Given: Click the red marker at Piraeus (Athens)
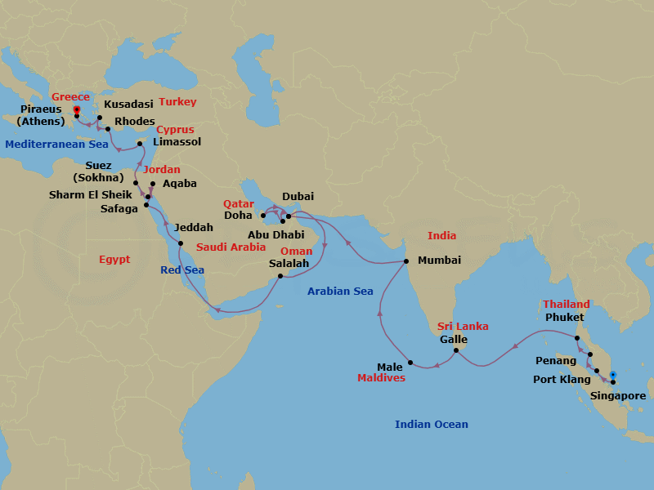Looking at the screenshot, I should click(x=76, y=109).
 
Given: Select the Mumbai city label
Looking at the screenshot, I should click(x=439, y=261).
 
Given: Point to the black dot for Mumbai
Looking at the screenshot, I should click(x=406, y=261).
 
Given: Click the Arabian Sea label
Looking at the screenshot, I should click(x=340, y=292).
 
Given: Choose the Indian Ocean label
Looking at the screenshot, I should click(x=431, y=424).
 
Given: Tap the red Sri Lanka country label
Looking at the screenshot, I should click(x=463, y=326).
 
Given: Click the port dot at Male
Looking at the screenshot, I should click(x=410, y=363).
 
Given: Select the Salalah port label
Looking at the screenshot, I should click(x=289, y=264).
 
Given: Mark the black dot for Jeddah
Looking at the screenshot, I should click(x=181, y=243).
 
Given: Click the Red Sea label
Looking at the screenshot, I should click(x=181, y=269).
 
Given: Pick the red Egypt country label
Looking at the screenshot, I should click(x=114, y=260).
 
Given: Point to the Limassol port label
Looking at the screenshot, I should click(x=177, y=141).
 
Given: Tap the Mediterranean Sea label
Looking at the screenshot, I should click(x=56, y=145).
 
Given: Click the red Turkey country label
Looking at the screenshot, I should click(x=177, y=102).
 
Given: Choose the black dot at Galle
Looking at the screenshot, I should click(x=455, y=351).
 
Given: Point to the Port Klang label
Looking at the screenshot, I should click(x=560, y=379).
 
